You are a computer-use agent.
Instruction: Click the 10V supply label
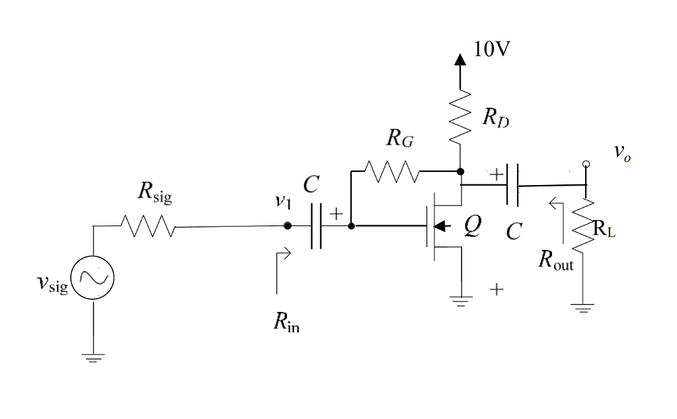tap(492, 50)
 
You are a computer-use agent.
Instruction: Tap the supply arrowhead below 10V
tap(460, 59)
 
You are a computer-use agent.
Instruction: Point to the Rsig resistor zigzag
tap(147, 227)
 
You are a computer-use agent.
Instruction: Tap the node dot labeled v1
tap(286, 226)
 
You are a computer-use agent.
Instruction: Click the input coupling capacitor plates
tap(316, 226)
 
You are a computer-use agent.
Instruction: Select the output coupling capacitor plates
tap(512, 186)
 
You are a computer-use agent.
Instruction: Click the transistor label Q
tap(471, 225)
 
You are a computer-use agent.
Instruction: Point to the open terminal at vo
tap(584, 164)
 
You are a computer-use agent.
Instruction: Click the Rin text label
tap(287, 324)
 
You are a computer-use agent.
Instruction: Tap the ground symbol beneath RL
tap(583, 307)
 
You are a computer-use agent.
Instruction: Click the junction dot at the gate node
tap(351, 226)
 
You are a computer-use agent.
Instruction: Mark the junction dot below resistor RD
tap(460, 171)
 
